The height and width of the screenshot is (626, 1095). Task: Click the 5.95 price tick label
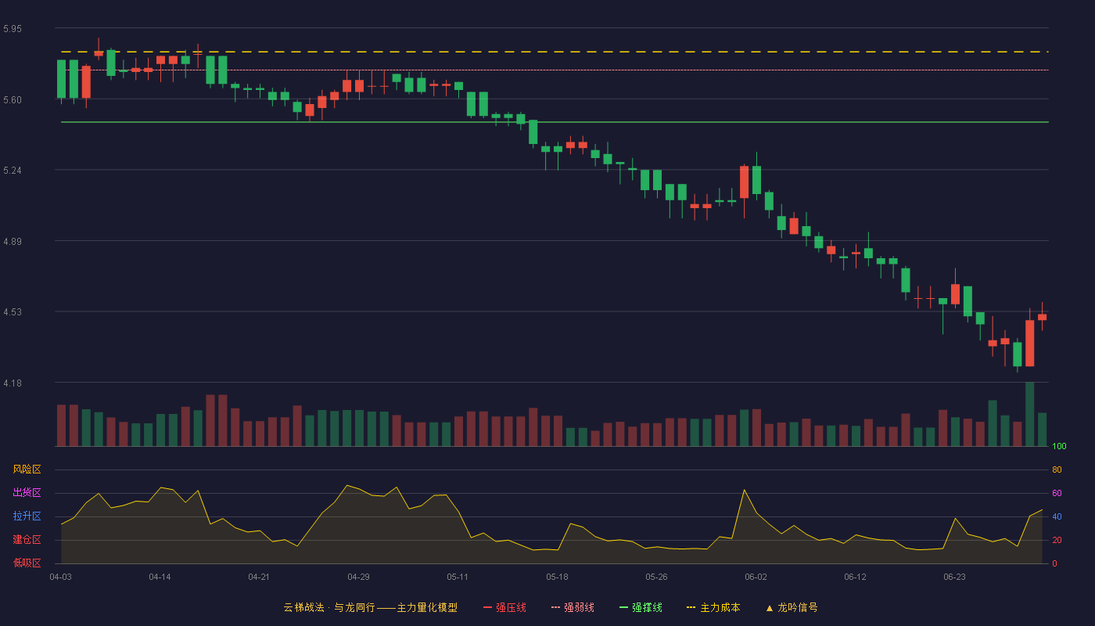point(13,29)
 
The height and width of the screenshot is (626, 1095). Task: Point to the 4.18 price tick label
point(13,383)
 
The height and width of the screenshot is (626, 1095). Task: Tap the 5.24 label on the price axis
point(13,171)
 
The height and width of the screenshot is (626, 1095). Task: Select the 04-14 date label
point(160,577)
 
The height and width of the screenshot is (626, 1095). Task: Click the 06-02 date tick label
point(756,577)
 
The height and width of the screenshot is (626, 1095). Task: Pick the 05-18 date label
point(557,577)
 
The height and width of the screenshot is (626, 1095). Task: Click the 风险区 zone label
point(27,469)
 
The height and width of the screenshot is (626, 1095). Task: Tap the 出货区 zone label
point(27,492)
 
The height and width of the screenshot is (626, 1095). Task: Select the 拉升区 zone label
point(27,516)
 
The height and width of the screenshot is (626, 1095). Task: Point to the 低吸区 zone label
point(27,563)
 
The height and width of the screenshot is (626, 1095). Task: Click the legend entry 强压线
point(504,607)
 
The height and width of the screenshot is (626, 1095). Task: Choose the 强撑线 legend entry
point(641,607)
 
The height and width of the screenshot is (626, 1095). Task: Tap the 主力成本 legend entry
point(713,607)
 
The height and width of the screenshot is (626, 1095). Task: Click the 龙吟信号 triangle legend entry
point(792,607)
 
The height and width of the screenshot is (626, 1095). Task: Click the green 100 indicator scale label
point(1059,446)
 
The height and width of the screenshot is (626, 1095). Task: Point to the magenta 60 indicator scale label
point(1057,493)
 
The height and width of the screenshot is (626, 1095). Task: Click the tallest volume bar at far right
point(1029,414)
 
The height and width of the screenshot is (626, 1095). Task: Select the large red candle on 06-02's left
point(744,182)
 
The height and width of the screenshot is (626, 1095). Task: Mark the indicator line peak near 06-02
point(744,490)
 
